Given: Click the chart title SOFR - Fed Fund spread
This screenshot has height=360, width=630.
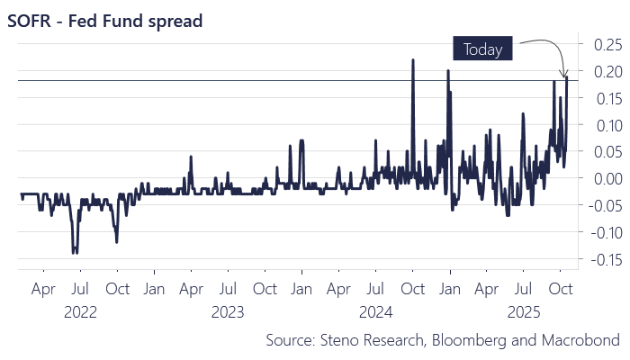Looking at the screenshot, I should [105, 19].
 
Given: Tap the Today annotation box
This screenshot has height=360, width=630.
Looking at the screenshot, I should [482, 49].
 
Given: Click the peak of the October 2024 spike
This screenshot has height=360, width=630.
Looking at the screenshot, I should [412, 60].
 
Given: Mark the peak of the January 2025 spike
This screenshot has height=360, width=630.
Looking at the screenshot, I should [447, 70].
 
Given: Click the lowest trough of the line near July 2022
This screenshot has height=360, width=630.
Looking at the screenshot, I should [75, 253].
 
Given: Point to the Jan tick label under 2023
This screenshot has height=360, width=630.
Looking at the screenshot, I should [154, 291].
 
